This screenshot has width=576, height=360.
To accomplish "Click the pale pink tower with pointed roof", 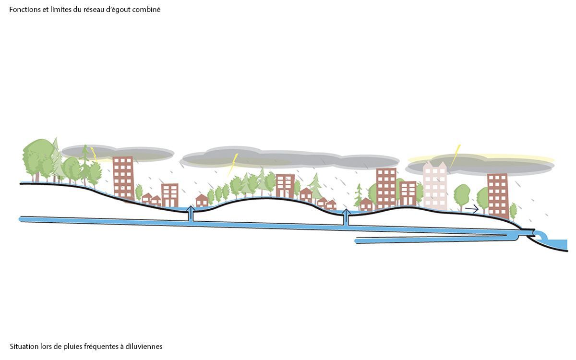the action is click(435, 185).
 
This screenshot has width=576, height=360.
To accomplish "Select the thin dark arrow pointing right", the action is click(472, 209).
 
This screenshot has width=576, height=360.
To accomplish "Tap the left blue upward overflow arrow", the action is click(191, 213).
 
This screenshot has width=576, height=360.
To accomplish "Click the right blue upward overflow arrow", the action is click(347, 217).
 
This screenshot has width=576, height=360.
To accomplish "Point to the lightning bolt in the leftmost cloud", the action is click(94, 155).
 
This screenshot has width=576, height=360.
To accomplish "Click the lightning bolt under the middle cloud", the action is click(233, 165).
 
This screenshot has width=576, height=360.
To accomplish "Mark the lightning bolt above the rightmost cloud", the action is click(455, 156).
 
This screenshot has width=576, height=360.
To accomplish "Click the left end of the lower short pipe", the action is click(356, 241).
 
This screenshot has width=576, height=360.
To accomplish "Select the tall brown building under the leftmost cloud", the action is click(124, 178).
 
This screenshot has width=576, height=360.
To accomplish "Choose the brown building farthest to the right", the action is click(498, 196).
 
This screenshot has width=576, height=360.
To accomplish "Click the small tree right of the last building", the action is click(513, 211).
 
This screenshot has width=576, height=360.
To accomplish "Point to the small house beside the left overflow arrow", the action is click(202, 201).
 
